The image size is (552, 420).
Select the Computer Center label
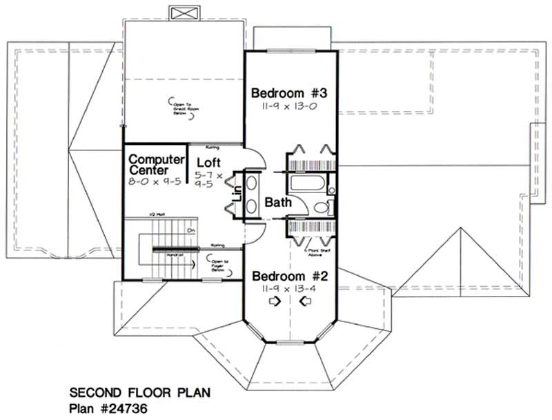(x=157, y=165)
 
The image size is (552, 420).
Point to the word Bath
(x=277, y=203)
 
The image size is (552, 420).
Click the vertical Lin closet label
(x=236, y=194)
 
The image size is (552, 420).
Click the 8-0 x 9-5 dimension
(x=155, y=181)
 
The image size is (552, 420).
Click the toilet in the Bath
(x=321, y=208)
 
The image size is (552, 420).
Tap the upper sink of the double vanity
(x=252, y=185)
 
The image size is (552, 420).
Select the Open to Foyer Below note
(x=219, y=266)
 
